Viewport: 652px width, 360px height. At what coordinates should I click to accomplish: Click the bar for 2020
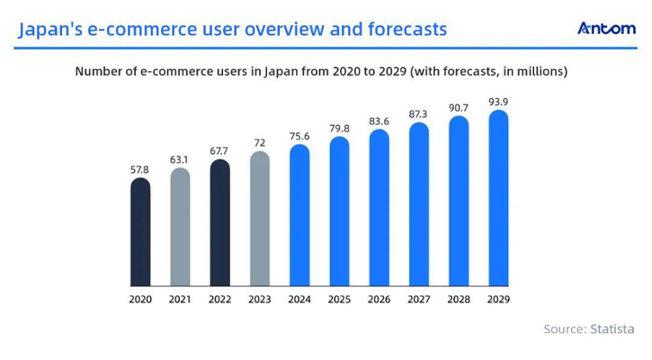coord(140,232)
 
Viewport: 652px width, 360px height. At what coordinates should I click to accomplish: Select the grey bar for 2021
coord(180,227)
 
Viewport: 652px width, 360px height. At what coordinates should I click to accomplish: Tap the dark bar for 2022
coord(219,223)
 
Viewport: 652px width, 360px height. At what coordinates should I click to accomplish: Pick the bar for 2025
coord(339,211)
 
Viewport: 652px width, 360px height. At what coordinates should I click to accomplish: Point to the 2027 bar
coord(418,204)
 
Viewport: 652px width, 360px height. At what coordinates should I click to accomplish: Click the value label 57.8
coord(140,169)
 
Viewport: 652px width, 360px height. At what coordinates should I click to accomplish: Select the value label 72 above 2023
coord(259,143)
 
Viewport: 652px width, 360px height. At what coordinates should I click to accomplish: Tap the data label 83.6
coord(379,121)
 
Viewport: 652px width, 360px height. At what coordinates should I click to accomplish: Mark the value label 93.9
coord(497,102)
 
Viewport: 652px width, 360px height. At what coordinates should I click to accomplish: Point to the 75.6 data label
coord(299,136)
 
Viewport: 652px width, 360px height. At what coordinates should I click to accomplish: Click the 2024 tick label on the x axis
coord(299,299)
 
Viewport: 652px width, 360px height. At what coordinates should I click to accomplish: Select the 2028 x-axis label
coord(458,299)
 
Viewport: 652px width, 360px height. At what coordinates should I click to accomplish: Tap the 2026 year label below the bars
coord(379,299)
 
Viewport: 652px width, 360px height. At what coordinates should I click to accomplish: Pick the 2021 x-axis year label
coord(180,299)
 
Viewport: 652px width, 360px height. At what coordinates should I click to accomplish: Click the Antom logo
coord(606,28)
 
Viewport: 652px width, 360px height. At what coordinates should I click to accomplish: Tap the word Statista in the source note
coord(612,329)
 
